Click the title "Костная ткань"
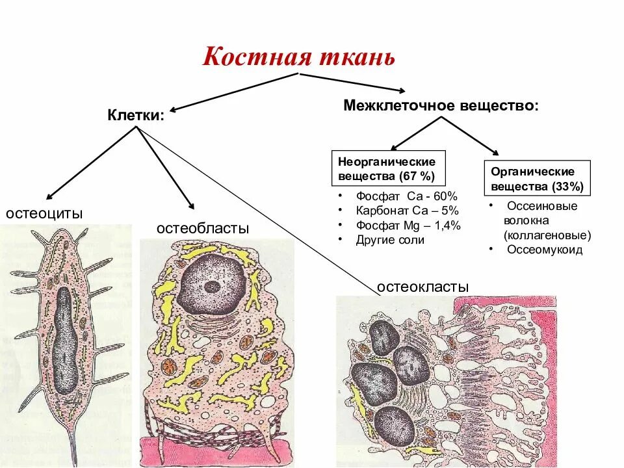299,57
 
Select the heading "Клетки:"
136,116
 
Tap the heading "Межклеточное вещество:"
441,105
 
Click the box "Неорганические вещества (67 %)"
387,168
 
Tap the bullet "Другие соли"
390,240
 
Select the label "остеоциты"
44,214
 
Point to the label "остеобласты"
203,229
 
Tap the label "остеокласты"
423,287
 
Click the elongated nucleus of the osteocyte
64,341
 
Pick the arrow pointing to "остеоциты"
91,162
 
